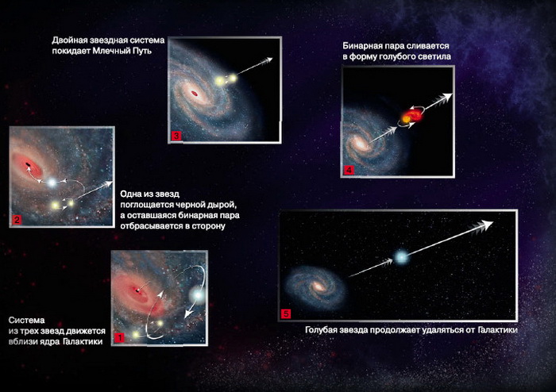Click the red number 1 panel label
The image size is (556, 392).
point(119,337)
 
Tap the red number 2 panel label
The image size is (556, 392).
point(17,220)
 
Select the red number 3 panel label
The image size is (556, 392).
point(176,136)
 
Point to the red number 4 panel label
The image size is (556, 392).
point(349,170)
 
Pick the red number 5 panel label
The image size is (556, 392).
point(286,313)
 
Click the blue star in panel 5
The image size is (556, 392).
point(401,257)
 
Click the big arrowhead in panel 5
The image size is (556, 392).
point(485,225)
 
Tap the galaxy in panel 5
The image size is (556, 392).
point(315,286)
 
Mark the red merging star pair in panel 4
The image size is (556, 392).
point(411,116)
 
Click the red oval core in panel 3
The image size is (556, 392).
point(195,94)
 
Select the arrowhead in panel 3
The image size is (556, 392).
point(267,60)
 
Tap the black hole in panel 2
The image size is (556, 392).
point(27,164)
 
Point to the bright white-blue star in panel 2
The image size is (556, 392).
point(52,183)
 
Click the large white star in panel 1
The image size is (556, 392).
point(198,294)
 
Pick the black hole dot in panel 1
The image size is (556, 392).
point(137,290)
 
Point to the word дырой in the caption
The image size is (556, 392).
point(223,205)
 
